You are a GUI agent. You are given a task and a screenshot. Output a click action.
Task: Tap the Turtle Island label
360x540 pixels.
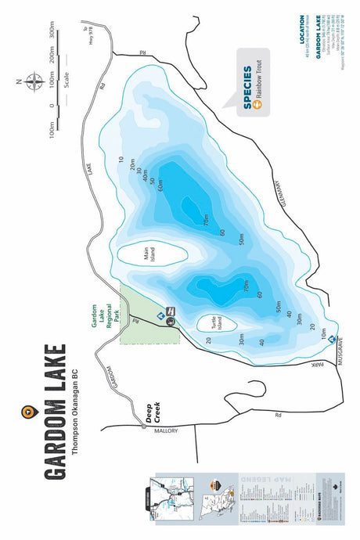209,322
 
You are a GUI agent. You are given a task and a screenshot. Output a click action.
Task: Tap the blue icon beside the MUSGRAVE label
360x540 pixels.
332,339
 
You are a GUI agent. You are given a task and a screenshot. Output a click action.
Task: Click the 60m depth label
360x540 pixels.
160,186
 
